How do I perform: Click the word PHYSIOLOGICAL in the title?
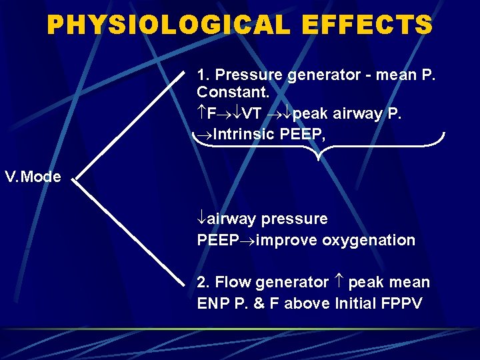(169, 25)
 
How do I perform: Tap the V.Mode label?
(33, 177)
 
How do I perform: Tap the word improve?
(287, 240)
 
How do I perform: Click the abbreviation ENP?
(212, 303)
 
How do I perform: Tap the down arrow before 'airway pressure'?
(201, 219)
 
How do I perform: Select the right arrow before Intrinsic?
(204, 135)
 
